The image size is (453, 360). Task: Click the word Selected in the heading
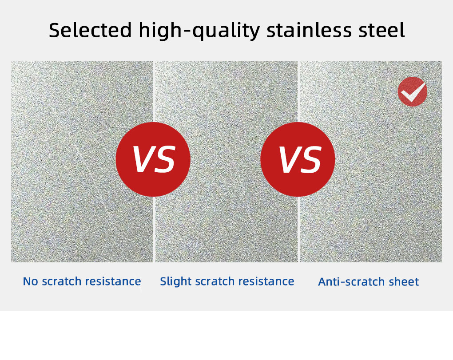pos(90,30)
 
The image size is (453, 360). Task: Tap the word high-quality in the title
pos(199,30)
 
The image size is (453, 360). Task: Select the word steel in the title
pos(382,30)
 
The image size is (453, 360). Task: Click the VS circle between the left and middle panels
pos(153,159)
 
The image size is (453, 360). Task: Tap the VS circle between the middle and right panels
pos(298,159)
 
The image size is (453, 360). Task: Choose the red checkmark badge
pos(412,91)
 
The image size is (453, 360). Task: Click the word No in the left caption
pos(31,281)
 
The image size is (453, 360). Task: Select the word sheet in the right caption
pos(405,282)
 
